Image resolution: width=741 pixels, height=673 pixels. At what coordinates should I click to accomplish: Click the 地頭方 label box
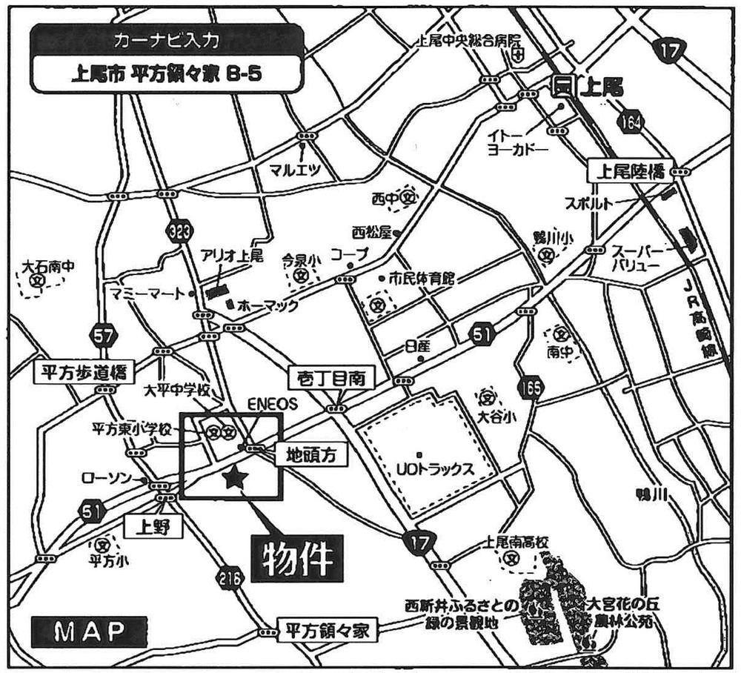click(311, 454)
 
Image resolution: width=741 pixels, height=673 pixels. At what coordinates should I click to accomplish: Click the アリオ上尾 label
click(232, 256)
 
